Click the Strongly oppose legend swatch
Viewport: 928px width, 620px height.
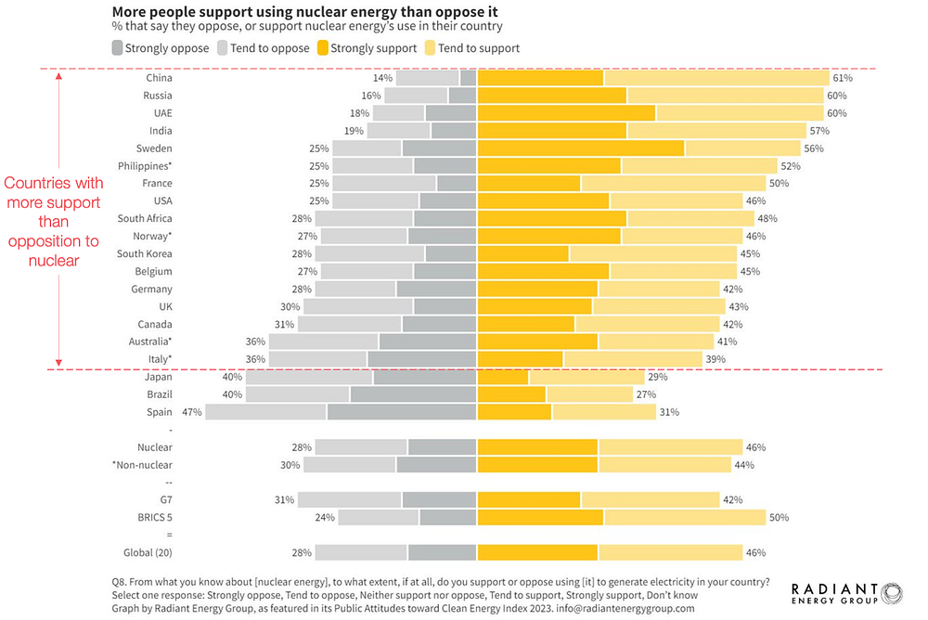click(117, 48)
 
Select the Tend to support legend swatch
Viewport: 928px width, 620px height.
click(430, 48)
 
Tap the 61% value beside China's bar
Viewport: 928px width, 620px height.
click(843, 78)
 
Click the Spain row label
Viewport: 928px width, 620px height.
click(160, 412)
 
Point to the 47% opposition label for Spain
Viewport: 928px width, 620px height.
click(192, 412)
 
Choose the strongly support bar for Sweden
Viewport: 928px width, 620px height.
click(581, 149)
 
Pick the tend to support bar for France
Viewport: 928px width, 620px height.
click(674, 184)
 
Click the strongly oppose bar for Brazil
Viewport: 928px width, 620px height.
click(413, 394)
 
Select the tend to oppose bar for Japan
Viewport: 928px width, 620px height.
click(310, 377)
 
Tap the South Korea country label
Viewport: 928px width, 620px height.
click(145, 254)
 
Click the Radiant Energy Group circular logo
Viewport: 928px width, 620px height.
click(891, 593)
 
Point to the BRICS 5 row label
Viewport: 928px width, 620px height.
click(155, 518)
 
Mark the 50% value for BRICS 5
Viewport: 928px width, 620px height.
click(779, 518)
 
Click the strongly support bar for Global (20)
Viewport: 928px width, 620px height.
click(537, 553)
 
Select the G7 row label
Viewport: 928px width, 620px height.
click(166, 500)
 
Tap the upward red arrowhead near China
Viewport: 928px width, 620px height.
click(58, 76)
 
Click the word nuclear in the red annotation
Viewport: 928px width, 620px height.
click(54, 261)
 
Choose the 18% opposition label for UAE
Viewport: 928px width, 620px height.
click(359, 113)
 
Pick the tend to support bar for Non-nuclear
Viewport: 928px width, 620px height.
click(664, 465)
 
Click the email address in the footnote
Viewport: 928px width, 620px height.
click(625, 609)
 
